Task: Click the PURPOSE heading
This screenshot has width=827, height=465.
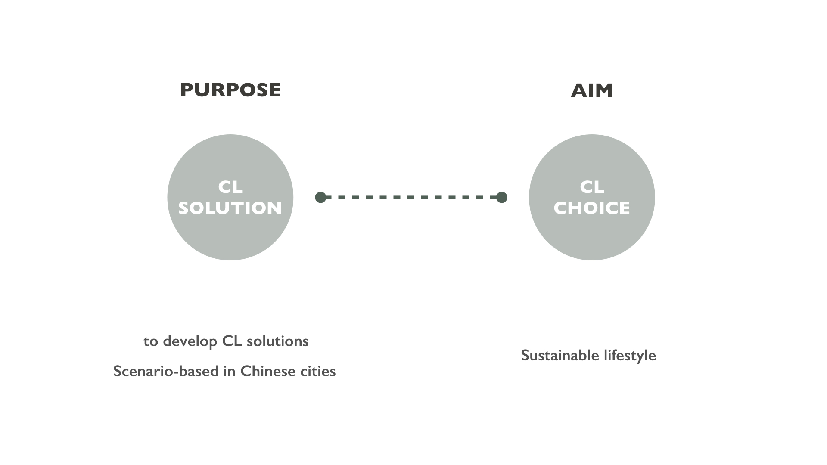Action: [230, 90]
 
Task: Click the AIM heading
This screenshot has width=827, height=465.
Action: [592, 90]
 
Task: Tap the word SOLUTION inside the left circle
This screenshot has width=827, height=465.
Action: [230, 208]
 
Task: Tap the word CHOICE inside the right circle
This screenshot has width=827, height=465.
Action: [592, 208]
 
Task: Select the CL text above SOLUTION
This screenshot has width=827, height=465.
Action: [230, 187]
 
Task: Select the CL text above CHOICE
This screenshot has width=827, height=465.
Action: [592, 187]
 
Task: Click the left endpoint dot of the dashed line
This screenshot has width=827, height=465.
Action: [320, 197]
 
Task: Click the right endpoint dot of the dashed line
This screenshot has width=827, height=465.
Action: [501, 197]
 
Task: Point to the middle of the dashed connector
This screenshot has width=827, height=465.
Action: [411, 197]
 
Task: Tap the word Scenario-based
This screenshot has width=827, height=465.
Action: [166, 371]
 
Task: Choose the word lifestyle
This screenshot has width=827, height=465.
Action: [630, 356]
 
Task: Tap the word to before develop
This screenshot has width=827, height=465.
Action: [151, 341]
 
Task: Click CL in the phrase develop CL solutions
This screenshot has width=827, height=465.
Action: [232, 341]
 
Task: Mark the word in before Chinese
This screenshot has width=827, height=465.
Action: [229, 371]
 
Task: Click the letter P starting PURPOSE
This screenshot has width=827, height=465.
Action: [186, 90]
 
